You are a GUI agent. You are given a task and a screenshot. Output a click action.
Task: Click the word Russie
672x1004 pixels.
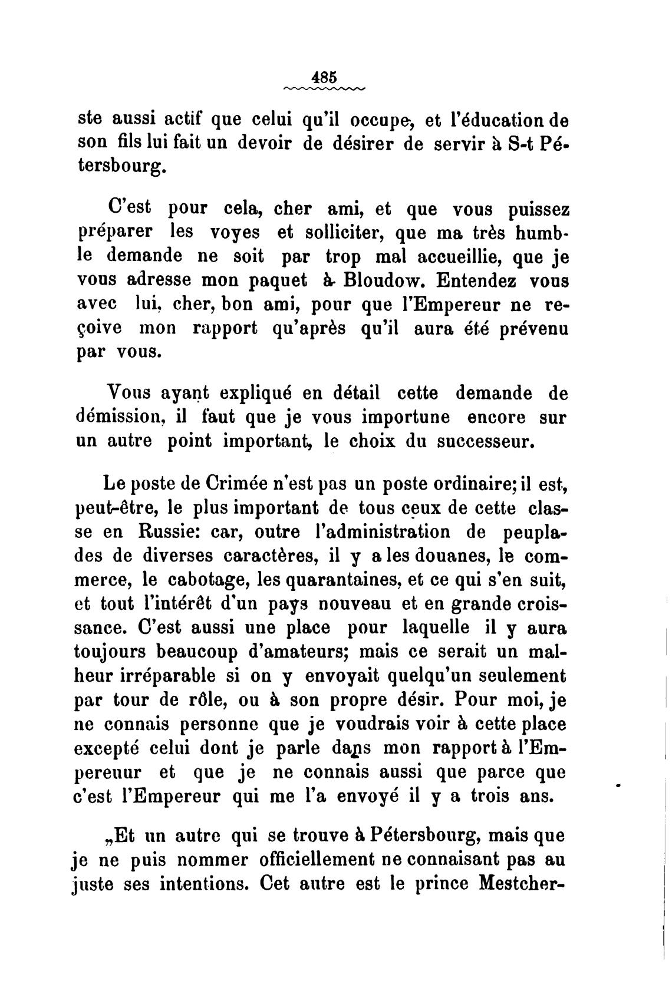tap(171, 531)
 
